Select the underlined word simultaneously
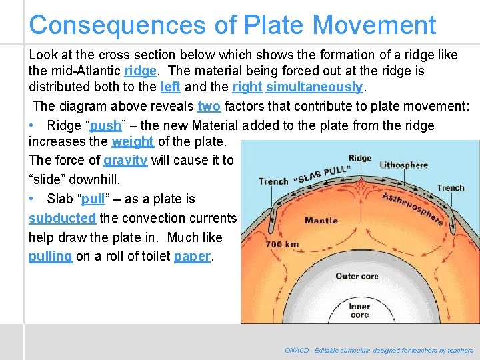(314, 87)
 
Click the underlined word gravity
(125, 160)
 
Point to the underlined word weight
(133, 141)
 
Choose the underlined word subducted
(63, 218)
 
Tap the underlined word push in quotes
(105, 125)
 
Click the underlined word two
(209, 106)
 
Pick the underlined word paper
(192, 257)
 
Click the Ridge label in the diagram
(360, 158)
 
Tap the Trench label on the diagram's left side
(273, 181)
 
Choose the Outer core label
(357, 276)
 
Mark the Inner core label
(359, 311)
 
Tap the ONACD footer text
(379, 350)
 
